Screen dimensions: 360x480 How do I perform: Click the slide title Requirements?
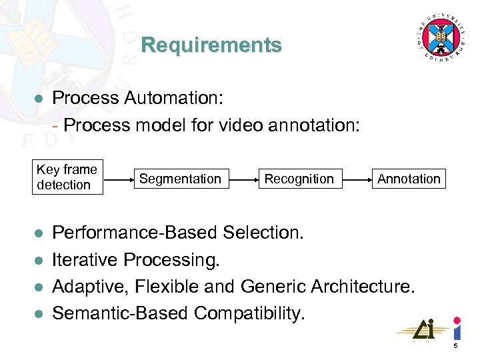211,45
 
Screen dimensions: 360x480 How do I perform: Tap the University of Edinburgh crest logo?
440,37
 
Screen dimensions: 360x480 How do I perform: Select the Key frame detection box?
67,177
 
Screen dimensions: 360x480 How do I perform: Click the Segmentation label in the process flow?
180,179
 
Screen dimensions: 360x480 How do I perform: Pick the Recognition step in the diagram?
299,179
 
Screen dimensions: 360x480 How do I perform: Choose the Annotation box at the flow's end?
409,179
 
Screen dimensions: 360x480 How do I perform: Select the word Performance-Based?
135,233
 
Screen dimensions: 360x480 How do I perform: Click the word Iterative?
85,259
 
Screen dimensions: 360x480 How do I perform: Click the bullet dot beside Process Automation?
39,99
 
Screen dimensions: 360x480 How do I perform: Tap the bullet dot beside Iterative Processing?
39,260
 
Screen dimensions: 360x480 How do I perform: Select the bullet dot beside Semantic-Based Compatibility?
39,313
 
